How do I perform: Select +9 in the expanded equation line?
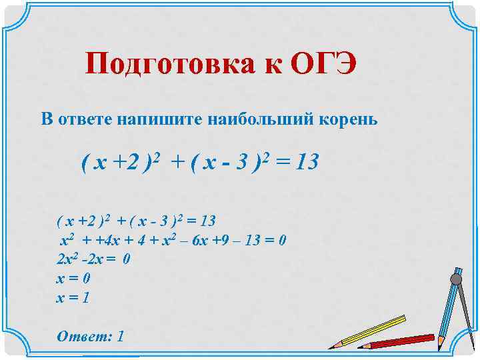click(225, 241)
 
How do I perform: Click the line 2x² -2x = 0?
click(93, 259)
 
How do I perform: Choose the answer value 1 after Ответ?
click(120, 336)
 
